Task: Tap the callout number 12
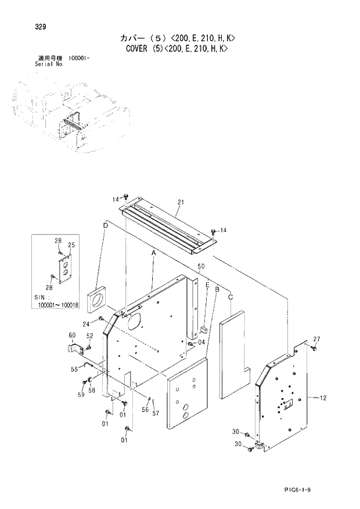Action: point(323,398)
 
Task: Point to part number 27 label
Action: point(316,338)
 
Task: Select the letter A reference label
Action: point(154,254)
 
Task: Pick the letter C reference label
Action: point(231,297)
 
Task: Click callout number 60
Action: point(72,335)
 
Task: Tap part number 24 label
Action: point(85,324)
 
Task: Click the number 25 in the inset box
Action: point(71,245)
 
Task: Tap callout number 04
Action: point(201,343)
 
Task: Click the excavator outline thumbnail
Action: point(70,116)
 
